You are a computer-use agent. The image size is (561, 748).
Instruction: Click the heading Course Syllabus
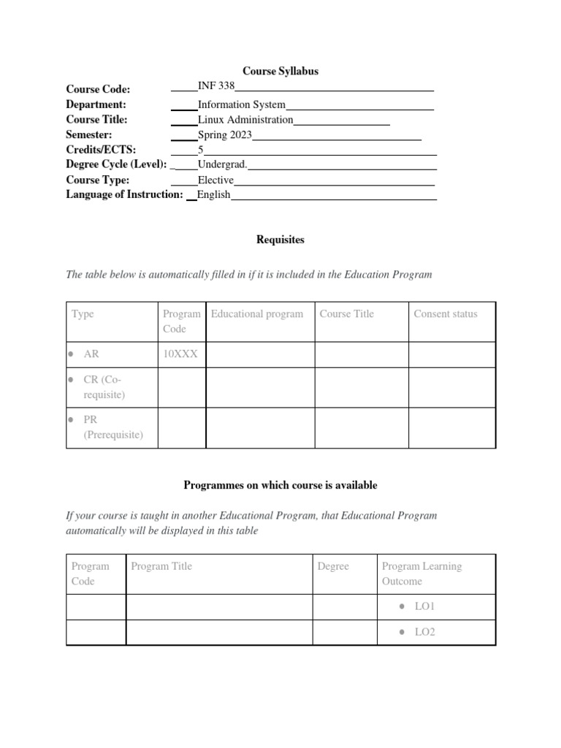tap(280, 71)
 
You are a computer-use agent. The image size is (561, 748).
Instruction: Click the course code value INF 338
tap(215, 86)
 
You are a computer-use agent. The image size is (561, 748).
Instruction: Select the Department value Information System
tap(241, 104)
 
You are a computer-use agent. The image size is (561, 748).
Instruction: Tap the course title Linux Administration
tap(245, 120)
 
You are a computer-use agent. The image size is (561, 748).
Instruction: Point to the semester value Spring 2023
tap(224, 135)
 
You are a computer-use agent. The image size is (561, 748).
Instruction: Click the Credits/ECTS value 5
tap(200, 150)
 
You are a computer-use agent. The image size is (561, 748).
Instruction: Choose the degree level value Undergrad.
tap(222, 165)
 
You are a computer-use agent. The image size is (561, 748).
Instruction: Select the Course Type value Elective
tap(215, 180)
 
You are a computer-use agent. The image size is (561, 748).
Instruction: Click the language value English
tap(213, 195)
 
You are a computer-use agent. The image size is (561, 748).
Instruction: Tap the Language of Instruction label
tap(124, 194)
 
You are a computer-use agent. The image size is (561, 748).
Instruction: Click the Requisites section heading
tap(280, 239)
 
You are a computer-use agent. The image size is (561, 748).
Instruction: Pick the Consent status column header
tap(445, 314)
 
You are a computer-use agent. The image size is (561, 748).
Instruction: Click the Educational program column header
tap(256, 314)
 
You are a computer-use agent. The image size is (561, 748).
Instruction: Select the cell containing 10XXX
tap(180, 354)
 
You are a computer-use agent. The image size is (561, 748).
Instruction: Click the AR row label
tap(91, 354)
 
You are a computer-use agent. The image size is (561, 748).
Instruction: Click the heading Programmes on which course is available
tap(280, 485)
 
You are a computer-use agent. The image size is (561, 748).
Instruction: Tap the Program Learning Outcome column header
tap(421, 573)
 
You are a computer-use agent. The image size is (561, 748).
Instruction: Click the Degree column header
tap(333, 566)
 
